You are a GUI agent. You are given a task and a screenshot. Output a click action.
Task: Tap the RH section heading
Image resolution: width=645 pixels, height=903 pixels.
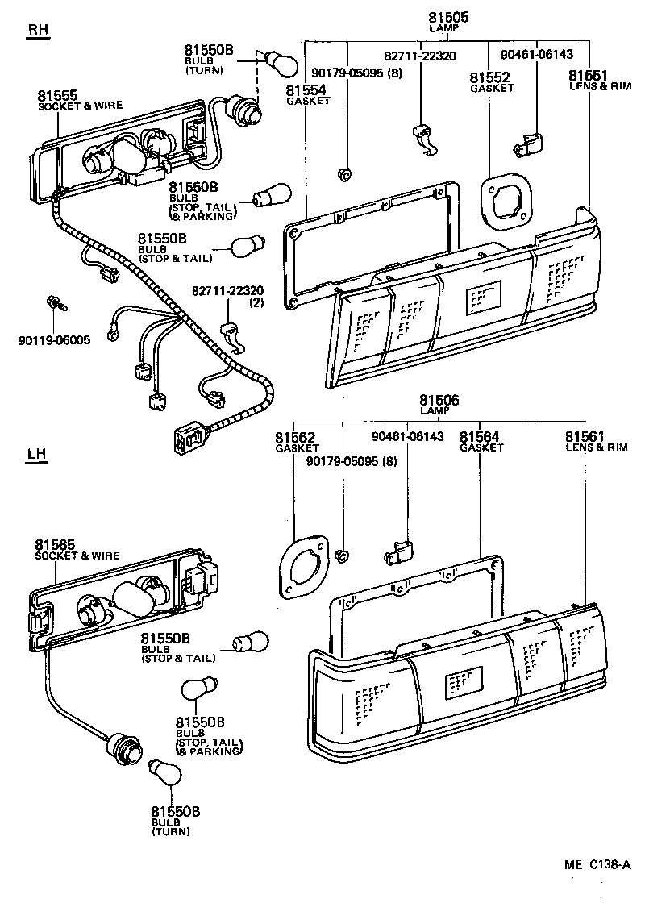coord(38,31)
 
